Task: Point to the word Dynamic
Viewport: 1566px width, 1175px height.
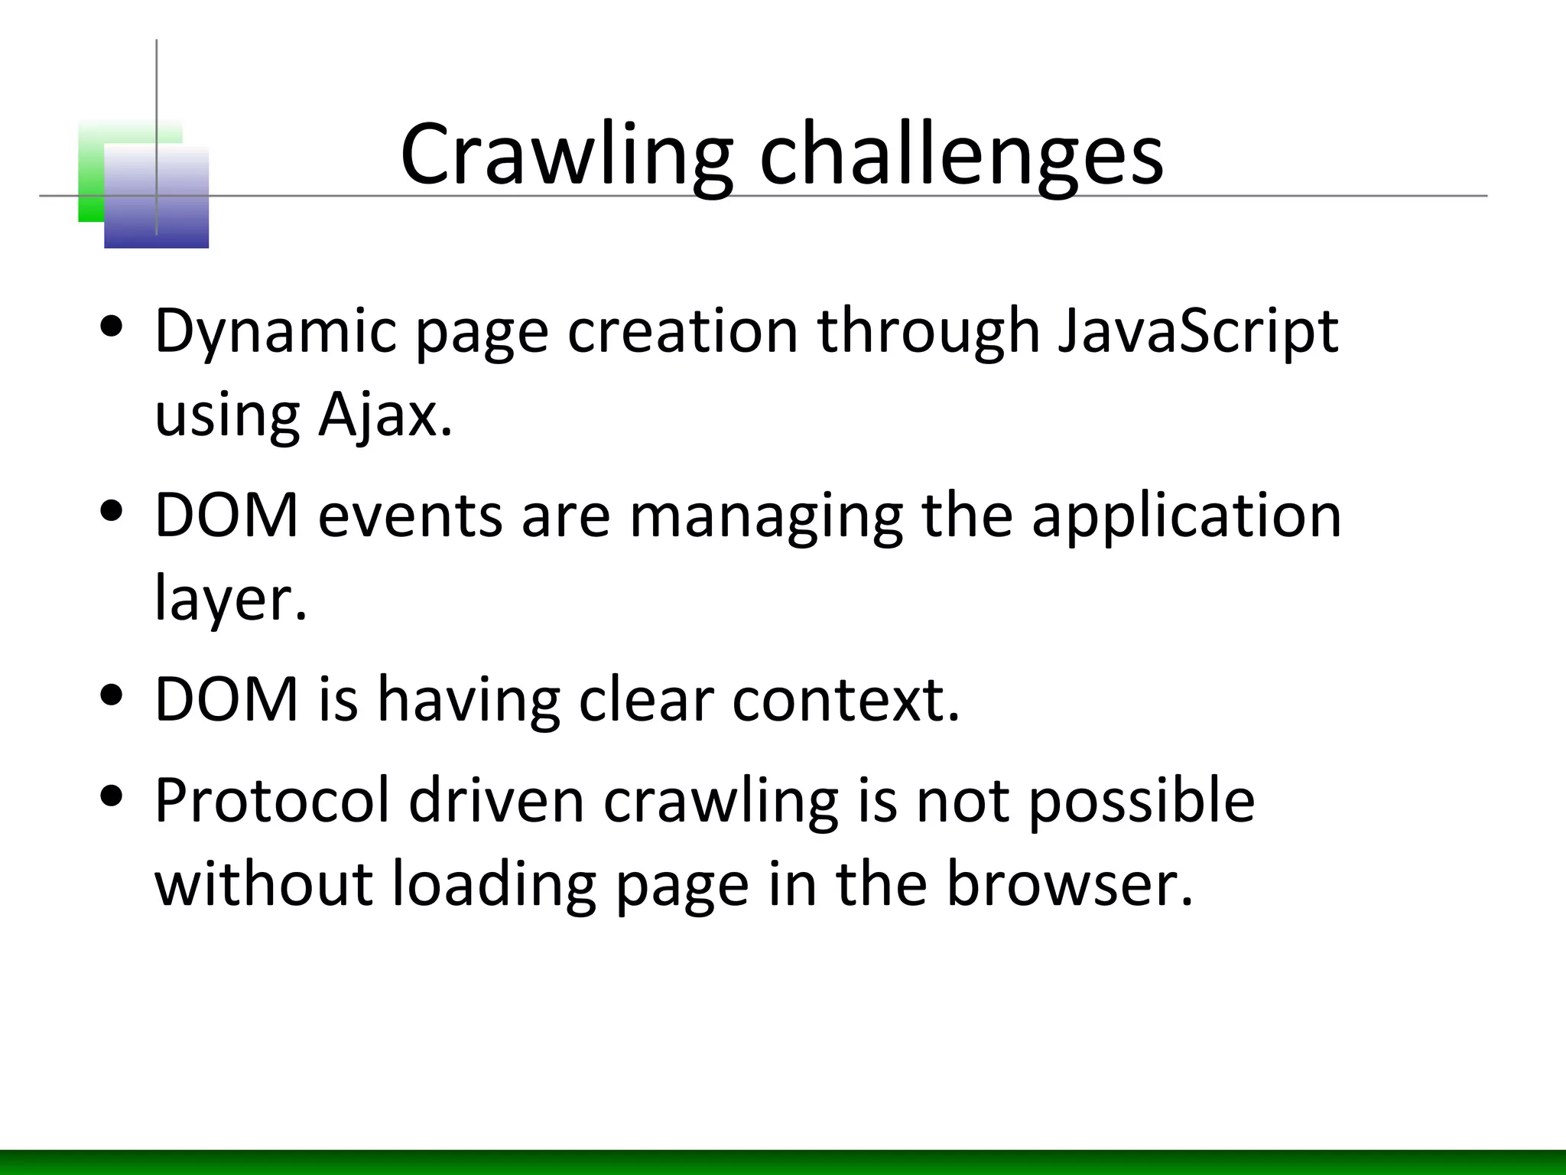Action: point(275,331)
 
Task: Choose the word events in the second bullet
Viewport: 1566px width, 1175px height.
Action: point(410,515)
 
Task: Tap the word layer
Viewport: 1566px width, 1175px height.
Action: point(230,599)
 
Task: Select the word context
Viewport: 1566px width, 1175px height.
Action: point(845,698)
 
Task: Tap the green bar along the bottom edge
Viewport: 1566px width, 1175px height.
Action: point(783,1162)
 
